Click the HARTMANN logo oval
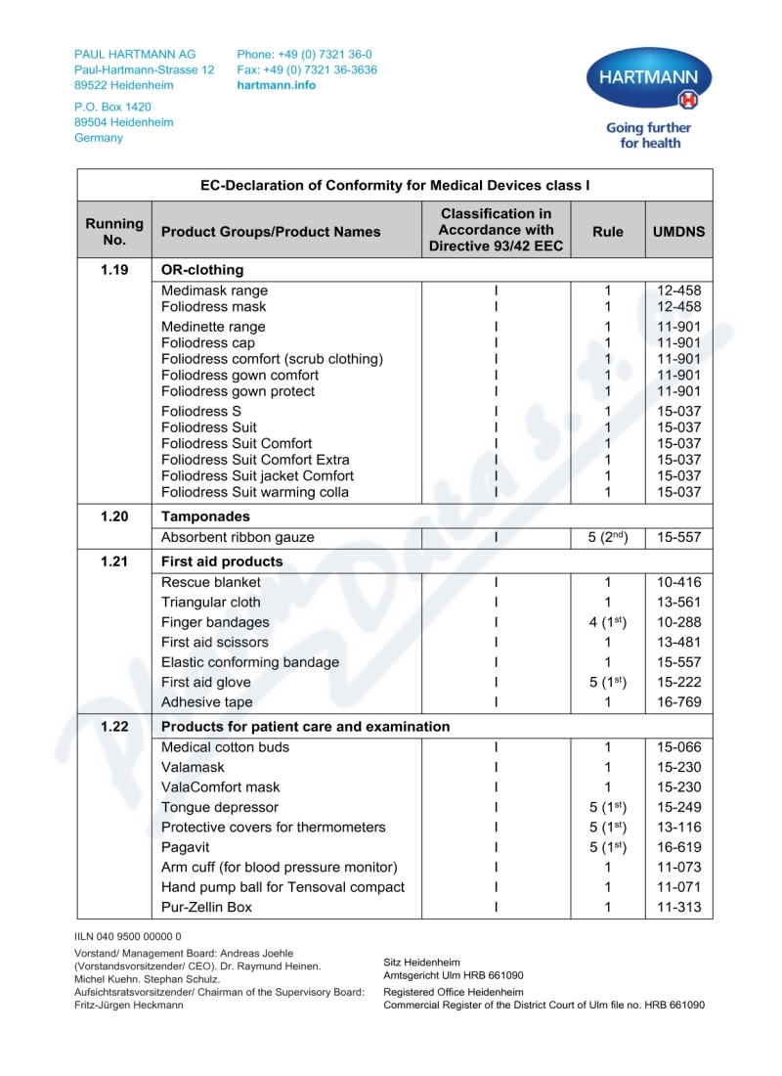click(648, 78)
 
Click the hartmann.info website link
click(277, 85)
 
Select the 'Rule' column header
click(607, 232)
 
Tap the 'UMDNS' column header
click(678, 232)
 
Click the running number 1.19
click(114, 270)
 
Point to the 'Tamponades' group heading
click(205, 516)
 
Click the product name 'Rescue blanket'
click(211, 582)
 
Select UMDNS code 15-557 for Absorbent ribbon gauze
click(678, 537)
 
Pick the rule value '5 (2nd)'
click(607, 537)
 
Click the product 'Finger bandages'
click(215, 622)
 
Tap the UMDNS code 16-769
click(678, 702)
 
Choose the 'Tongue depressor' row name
click(220, 807)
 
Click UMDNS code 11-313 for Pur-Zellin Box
click(678, 907)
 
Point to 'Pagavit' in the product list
click(186, 847)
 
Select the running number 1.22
click(114, 727)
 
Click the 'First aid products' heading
click(222, 561)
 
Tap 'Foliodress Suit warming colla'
click(255, 492)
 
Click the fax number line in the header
click(307, 70)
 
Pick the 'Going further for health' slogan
click(648, 135)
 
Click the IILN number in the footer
click(128, 936)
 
